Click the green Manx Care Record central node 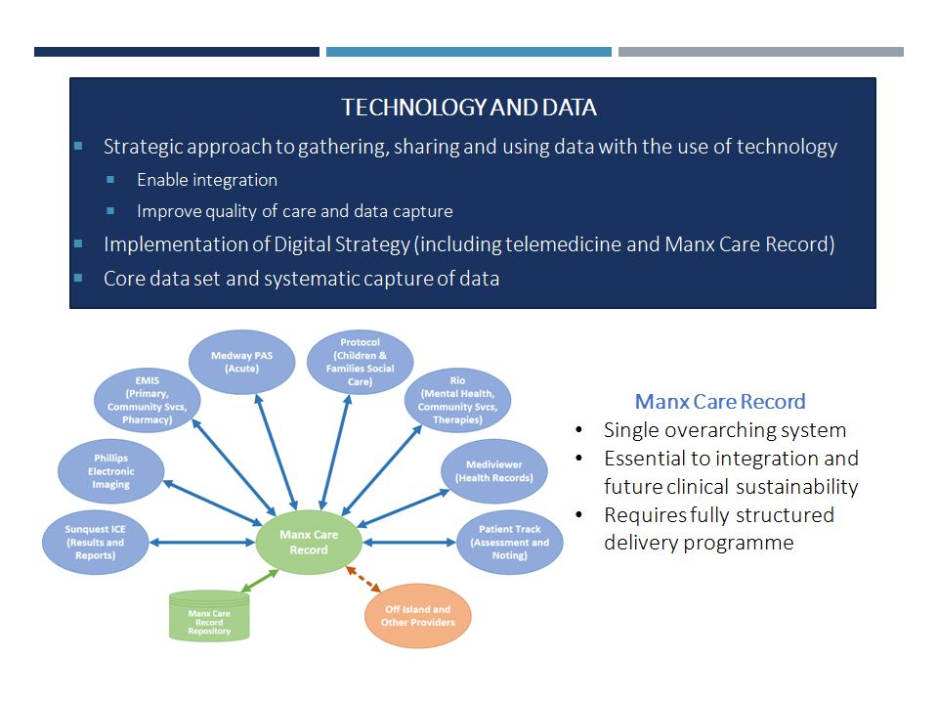pos(309,542)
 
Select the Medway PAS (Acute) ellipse pos(241,362)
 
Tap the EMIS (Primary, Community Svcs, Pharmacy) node pos(148,400)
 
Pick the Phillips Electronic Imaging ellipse pos(110,471)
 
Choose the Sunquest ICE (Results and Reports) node pos(95,543)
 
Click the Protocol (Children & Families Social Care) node pos(361,362)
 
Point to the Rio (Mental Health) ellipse pos(457,400)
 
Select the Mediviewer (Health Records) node pos(494,471)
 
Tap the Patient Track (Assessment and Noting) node pos(510,543)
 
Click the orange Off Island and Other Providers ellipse pos(418,616)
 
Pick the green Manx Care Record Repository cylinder pos(209,616)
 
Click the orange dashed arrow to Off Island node pos(363,579)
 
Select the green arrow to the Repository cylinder pos(260,581)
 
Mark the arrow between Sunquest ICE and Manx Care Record pos(202,543)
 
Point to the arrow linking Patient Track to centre pos(409,543)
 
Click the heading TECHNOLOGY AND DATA pos(469,108)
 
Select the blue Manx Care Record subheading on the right pos(720,401)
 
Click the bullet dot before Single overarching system pos(578,430)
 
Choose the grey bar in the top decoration pos(761,52)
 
